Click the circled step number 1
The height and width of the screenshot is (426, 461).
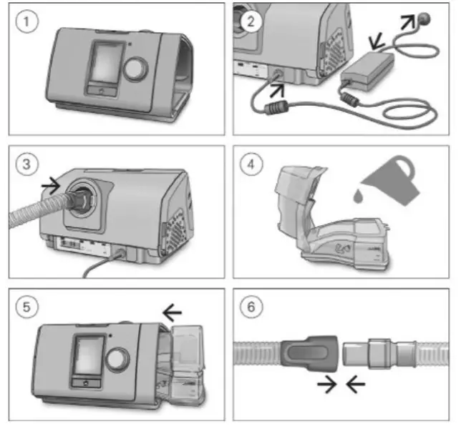[x=26, y=21]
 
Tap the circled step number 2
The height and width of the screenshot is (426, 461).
[x=250, y=21]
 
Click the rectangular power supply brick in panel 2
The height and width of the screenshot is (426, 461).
[x=368, y=68]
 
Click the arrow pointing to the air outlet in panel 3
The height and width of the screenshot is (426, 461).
[x=51, y=184]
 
